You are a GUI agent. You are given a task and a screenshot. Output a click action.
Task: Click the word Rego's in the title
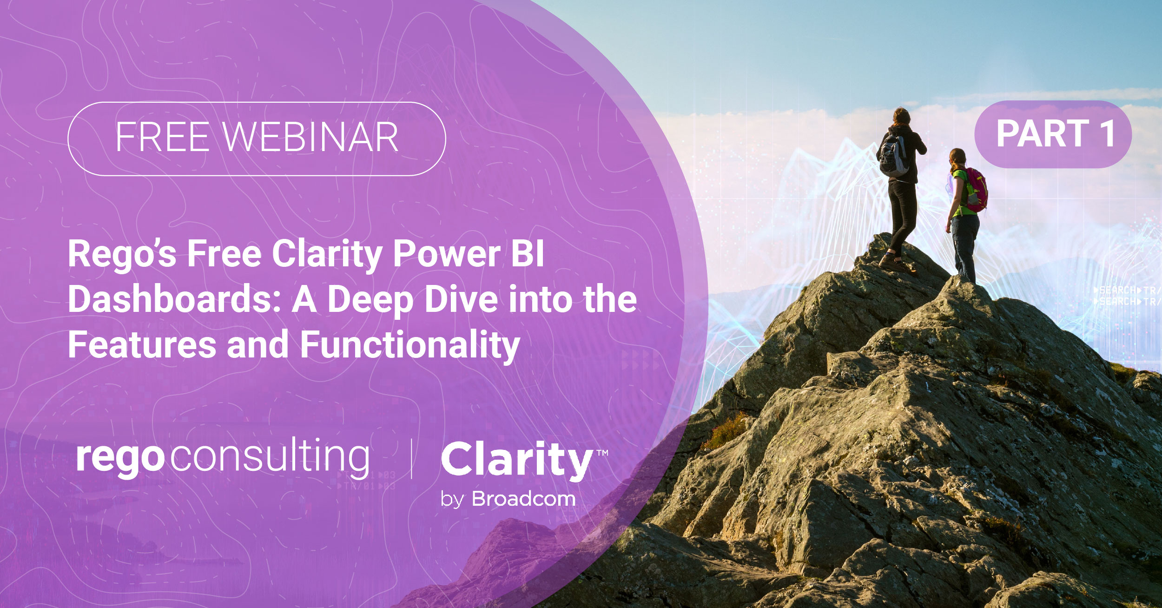point(122,254)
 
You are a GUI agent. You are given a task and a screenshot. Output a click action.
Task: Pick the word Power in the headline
point(447,254)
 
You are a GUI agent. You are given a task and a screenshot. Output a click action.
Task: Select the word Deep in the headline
point(370,300)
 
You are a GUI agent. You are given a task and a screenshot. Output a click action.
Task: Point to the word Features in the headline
point(142,344)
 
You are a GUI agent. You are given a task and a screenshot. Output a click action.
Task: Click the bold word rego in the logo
point(120,458)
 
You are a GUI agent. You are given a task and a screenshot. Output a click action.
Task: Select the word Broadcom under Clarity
point(523,499)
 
